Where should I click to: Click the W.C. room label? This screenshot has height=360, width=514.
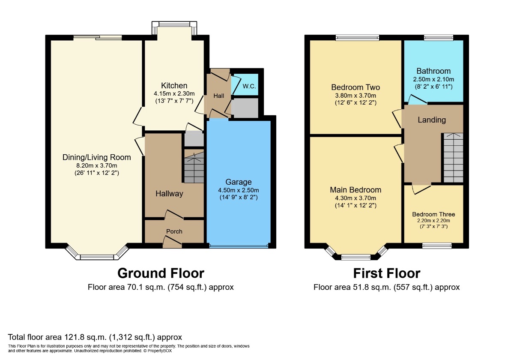249,87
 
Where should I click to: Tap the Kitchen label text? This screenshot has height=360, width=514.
174,86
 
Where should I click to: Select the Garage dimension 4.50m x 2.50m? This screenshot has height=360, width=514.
238,190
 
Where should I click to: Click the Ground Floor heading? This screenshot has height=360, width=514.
161,273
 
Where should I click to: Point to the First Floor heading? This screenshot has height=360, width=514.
386,273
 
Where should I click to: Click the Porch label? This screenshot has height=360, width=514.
174,231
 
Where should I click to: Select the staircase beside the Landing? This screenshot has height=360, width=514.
453,157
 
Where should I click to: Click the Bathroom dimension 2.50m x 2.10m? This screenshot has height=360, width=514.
433,79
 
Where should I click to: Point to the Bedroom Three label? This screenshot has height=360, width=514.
433,214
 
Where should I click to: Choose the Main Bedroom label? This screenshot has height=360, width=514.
356,190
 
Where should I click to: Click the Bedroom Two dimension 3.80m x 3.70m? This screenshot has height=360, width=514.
356,96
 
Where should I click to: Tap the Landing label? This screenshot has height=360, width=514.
432,120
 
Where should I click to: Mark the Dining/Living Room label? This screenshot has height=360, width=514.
97,157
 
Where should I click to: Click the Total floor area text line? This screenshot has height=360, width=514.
95,337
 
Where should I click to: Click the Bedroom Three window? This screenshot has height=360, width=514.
436,246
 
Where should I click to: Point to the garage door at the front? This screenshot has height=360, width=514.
238,246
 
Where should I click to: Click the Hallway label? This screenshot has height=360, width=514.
169,194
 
